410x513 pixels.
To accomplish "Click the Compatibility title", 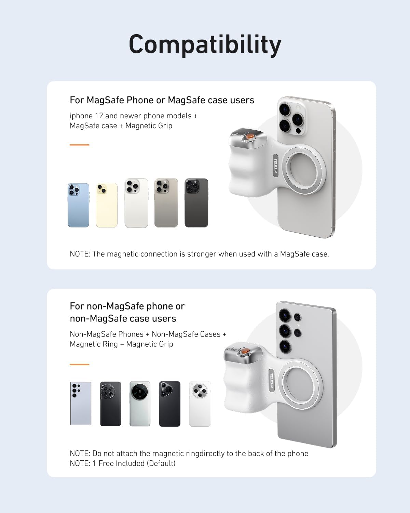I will point(205,44).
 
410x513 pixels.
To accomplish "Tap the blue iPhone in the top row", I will point(78,205).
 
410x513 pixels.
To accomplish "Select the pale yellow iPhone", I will point(107,205).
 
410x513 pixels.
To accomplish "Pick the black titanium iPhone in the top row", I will point(196,203).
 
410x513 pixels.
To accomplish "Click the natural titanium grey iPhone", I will point(166,203).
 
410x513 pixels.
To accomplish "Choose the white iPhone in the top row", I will point(136,203).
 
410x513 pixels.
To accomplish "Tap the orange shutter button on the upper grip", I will point(250,136).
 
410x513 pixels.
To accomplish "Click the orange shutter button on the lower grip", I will point(245,352).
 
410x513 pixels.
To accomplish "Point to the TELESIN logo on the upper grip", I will point(275,165).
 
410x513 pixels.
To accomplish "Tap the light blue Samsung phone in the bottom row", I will point(81,404).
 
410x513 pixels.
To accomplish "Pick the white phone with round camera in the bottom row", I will point(200,404).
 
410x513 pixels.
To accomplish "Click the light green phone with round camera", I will point(140,404).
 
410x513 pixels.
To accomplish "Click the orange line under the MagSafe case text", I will point(79,145).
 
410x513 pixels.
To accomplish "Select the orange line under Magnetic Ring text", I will point(79,365).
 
